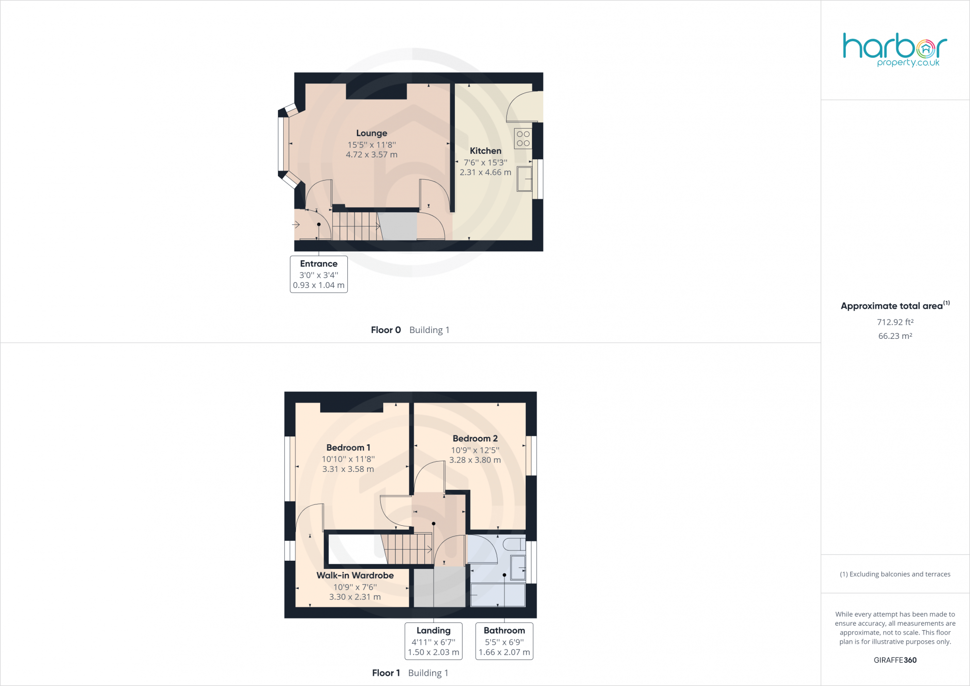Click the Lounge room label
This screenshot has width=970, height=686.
click(x=372, y=133)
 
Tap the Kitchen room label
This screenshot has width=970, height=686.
click(x=485, y=151)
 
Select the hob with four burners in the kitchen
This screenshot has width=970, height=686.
click(x=523, y=138)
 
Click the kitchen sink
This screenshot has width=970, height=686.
click(x=524, y=179)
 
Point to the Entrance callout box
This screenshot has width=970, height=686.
click(x=319, y=274)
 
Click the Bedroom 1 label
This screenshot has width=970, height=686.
click(x=348, y=448)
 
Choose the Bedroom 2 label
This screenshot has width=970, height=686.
click(x=475, y=438)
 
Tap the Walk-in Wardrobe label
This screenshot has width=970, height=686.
click(x=355, y=575)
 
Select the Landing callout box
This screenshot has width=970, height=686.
click(x=434, y=641)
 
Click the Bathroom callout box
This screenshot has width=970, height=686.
click(x=504, y=641)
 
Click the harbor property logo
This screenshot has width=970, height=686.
click(x=895, y=49)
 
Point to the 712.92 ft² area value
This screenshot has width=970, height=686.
click(x=895, y=322)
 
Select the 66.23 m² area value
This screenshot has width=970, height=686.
click(x=895, y=336)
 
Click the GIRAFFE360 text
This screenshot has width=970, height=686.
click(x=895, y=660)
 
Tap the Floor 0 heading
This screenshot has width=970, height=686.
click(x=386, y=330)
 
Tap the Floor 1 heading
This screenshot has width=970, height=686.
click(x=386, y=673)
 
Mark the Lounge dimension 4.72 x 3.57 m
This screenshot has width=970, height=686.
click(x=372, y=155)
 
